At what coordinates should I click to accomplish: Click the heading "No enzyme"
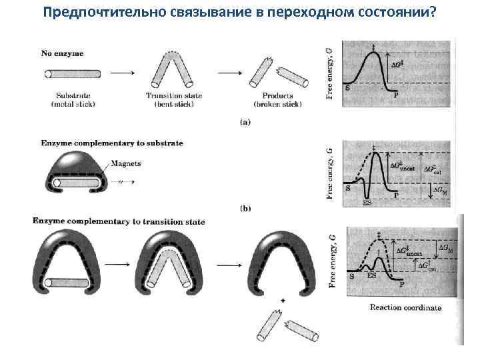coord(63,53)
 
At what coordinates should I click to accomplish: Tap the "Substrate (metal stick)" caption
coord(73,100)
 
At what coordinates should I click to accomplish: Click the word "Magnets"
coord(126,164)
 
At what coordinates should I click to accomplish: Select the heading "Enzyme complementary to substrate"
coord(112,143)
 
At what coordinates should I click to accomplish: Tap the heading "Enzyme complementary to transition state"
coord(119,221)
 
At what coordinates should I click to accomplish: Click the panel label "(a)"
coord(245,121)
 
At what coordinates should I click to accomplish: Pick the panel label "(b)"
coord(245,208)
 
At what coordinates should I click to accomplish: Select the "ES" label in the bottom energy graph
coord(371,275)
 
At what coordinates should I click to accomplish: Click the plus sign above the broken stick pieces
coord(283,301)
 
